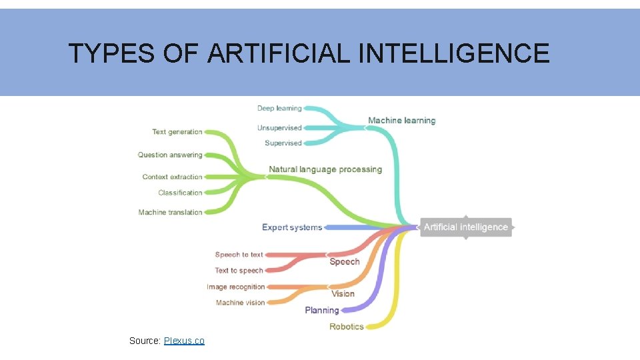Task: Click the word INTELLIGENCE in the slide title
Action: click(x=454, y=53)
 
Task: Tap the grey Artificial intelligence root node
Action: click(x=465, y=227)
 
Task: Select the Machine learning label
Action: click(x=401, y=121)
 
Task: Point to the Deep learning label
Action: click(x=279, y=108)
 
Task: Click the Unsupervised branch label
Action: click(x=279, y=127)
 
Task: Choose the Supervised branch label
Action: click(x=283, y=143)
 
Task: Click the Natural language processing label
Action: click(x=325, y=169)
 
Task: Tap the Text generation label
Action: click(x=177, y=132)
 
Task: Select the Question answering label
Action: click(x=170, y=155)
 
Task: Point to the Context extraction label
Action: click(x=172, y=177)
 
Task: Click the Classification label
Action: click(x=180, y=193)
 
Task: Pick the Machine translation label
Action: click(x=170, y=212)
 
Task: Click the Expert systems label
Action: click(x=292, y=227)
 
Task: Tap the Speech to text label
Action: click(x=239, y=255)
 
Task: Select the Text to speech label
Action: click(x=239, y=271)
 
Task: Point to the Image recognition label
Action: click(x=235, y=287)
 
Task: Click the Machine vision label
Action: click(x=240, y=303)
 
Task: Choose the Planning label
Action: click(x=322, y=310)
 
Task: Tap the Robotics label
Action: click(x=347, y=327)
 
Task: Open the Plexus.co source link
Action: click(x=184, y=341)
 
